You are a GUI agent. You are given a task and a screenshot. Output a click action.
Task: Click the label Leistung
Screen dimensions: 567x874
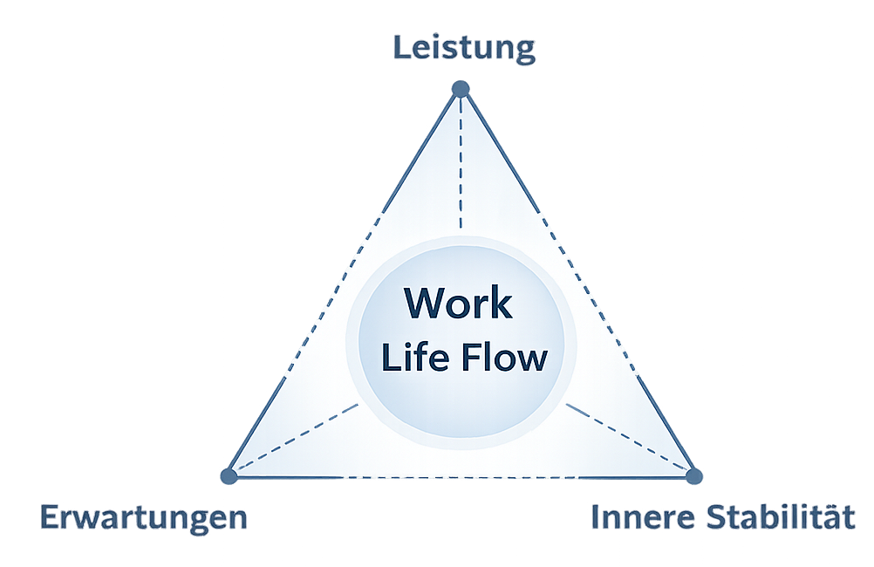tap(463, 48)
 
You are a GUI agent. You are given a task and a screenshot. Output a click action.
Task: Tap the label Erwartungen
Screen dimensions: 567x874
tap(144, 517)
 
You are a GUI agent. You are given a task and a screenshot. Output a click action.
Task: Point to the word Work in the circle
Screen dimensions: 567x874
tap(459, 304)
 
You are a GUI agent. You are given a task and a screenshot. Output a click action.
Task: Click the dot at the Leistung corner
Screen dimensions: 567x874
tap(461, 89)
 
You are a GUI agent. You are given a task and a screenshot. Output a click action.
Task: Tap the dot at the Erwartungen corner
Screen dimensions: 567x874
tap(229, 476)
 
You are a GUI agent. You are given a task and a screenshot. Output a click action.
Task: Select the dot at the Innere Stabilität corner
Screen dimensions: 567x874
tap(694, 476)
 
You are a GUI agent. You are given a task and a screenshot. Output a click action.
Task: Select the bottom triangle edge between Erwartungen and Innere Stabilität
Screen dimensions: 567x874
tap(461, 477)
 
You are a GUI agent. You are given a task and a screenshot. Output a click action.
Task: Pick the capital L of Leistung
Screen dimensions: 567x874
tap(400, 47)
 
